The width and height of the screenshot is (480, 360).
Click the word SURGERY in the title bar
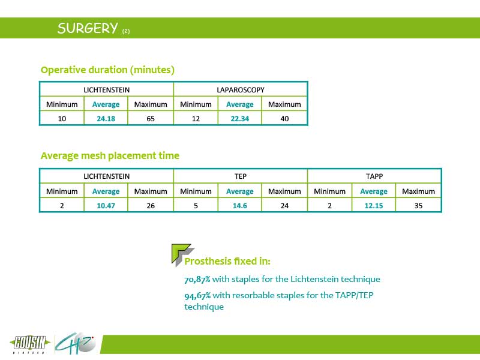pyautogui.click(x=88, y=28)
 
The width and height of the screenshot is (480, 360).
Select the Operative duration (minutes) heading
pyautogui.click(x=107, y=70)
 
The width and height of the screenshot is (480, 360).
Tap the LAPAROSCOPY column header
pyautogui.click(x=241, y=90)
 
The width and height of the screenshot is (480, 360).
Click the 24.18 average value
pyautogui.click(x=106, y=118)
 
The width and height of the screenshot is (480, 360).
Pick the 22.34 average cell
pyautogui.click(x=239, y=118)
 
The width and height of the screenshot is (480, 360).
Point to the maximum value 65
pyautogui.click(x=151, y=118)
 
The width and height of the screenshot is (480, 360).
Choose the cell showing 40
pyautogui.click(x=284, y=118)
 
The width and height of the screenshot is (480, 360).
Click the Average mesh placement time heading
pyautogui.click(x=110, y=156)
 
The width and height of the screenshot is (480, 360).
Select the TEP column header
pyautogui.click(x=241, y=176)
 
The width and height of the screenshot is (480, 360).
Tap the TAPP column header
pyautogui.click(x=374, y=176)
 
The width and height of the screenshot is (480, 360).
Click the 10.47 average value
pyautogui.click(x=106, y=206)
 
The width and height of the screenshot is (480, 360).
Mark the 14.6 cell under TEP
pyautogui.click(x=239, y=206)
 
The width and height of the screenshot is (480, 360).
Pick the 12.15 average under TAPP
pyautogui.click(x=374, y=206)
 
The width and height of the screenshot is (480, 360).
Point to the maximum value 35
pyautogui.click(x=418, y=206)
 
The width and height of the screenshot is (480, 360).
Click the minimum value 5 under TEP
pyautogui.click(x=196, y=206)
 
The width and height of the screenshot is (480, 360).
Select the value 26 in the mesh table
pyautogui.click(x=151, y=206)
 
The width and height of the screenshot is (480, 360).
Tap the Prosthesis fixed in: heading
pyautogui.click(x=227, y=261)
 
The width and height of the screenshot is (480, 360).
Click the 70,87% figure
pyautogui.click(x=197, y=279)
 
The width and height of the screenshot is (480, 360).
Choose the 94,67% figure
pyautogui.click(x=197, y=295)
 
